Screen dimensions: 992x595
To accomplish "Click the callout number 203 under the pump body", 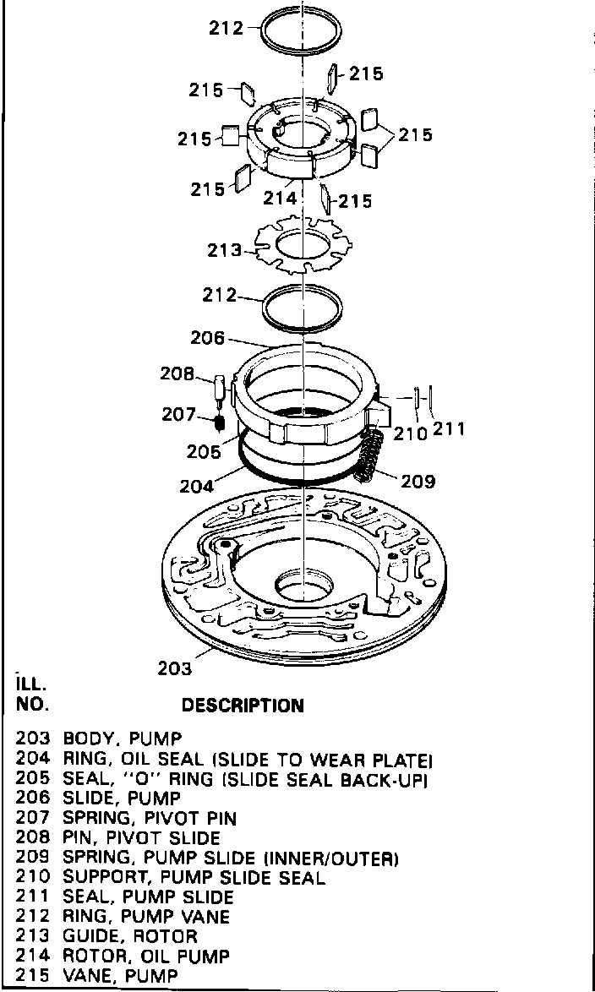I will pos(175,668).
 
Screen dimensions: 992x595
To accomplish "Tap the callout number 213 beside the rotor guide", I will pos(224,251).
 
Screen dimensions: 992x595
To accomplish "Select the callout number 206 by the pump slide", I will pos(208,338).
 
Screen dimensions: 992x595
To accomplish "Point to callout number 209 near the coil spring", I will pos(418,482).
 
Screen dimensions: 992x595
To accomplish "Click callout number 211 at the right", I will pos(450,429).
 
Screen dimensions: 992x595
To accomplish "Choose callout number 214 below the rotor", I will pos(281,199).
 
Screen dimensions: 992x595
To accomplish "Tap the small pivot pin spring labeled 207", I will pos(219,420).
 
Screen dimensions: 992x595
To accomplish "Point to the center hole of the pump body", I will pos(303,584).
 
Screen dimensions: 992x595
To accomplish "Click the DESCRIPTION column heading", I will pos(243,705).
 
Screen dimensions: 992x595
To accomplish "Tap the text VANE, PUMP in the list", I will pos(121,976).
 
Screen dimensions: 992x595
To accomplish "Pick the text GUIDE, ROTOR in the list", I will pos(130,936).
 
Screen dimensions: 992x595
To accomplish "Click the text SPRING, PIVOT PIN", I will pos(150,818).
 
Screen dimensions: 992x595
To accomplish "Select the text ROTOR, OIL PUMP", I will pos(146,957).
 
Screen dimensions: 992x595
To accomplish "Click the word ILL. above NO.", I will pos(30,683).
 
